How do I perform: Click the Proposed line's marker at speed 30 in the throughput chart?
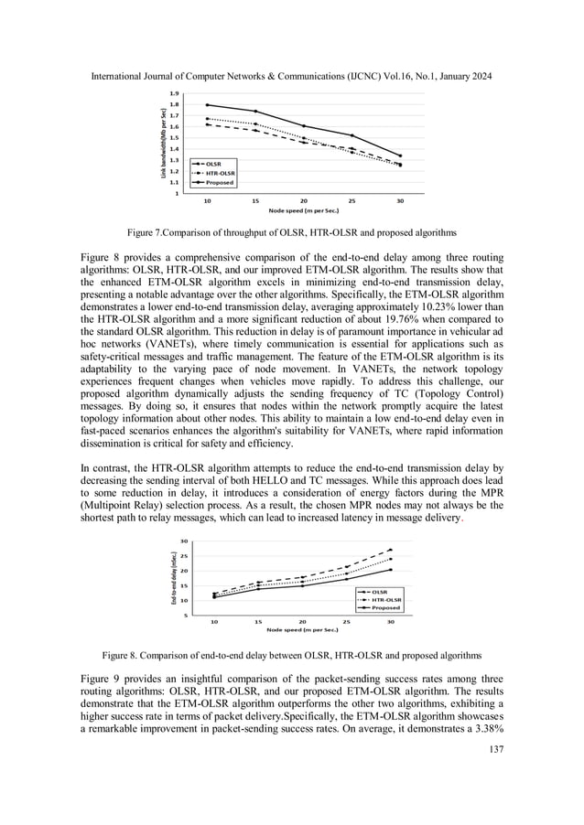(400, 155)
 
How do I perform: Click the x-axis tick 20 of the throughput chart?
(303, 199)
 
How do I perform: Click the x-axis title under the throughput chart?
(304, 210)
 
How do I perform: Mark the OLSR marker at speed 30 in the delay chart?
(390, 550)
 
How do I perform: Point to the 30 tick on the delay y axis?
(185, 541)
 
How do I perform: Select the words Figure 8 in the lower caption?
(121, 654)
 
